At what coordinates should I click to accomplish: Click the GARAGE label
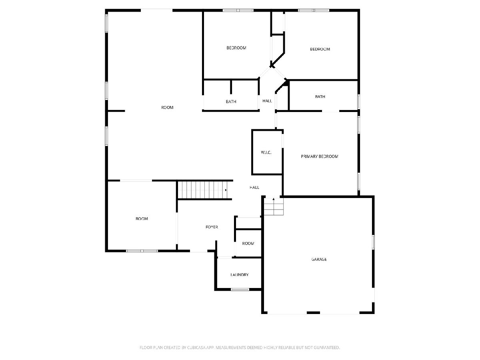[x=319, y=259]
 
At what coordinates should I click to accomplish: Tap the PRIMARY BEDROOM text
[x=320, y=156]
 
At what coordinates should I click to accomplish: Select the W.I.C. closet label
[x=266, y=152]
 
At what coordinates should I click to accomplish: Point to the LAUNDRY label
[x=240, y=275]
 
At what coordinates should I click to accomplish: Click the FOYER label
[x=212, y=227]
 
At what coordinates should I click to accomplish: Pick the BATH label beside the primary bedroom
[x=320, y=97]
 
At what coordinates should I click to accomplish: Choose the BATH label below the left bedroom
[x=231, y=102]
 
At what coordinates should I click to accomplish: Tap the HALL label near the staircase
[x=254, y=187]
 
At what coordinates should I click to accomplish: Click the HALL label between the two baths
[x=267, y=101]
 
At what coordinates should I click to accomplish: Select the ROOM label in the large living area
[x=167, y=107]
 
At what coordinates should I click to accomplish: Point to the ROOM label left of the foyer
[x=142, y=218]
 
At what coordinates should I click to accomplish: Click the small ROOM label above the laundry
[x=248, y=243]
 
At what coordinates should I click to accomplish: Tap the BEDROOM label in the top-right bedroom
[x=320, y=49]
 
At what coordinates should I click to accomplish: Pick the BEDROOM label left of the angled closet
[x=236, y=48]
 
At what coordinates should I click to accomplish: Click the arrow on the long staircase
[x=226, y=190]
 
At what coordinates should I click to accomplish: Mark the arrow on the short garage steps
[x=274, y=199]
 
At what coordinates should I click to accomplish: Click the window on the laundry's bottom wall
[x=240, y=290]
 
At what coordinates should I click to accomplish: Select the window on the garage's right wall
[x=373, y=242]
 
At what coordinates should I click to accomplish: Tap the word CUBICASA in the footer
[x=196, y=347]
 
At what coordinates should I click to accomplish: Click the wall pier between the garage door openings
[x=313, y=312]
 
